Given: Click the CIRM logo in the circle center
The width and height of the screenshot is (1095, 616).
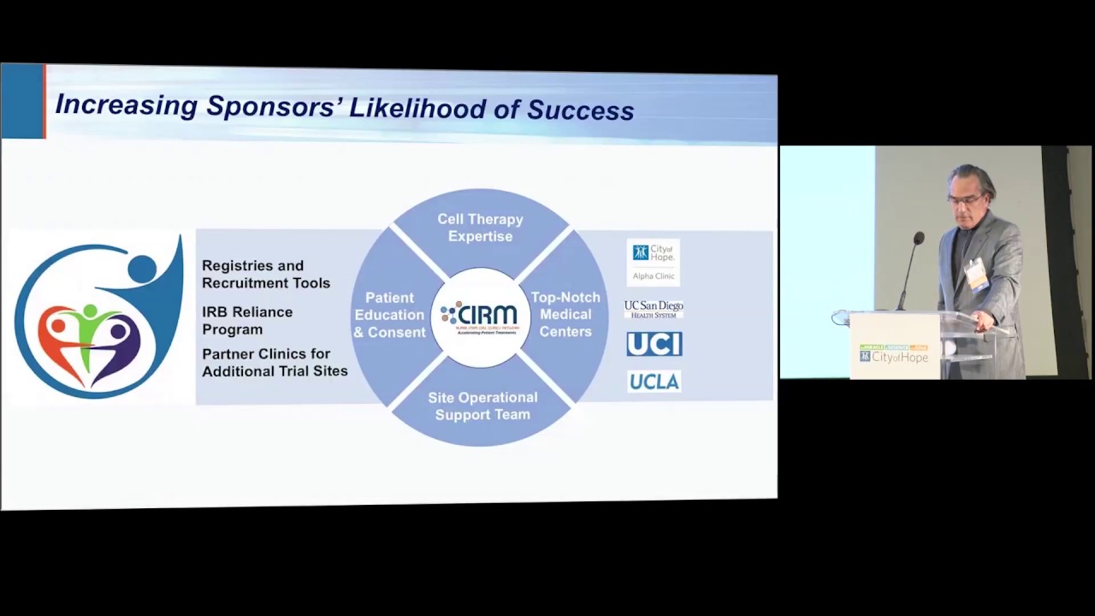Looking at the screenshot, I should tap(480, 317).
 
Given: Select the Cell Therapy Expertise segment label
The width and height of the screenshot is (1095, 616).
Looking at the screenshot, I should tap(480, 228).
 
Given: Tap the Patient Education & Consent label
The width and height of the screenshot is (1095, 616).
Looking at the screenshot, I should tap(389, 315).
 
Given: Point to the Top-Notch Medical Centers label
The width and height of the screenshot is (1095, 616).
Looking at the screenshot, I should tap(565, 314).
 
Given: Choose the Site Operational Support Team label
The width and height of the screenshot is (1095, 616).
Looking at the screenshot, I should tap(482, 406).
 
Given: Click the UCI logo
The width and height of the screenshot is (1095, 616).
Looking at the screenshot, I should tap(654, 344).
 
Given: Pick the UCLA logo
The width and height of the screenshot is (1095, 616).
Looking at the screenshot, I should tap(654, 382).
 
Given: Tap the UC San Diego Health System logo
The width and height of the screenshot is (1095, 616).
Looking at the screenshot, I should tap(654, 309).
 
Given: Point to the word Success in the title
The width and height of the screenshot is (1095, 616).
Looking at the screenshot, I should tap(580, 110).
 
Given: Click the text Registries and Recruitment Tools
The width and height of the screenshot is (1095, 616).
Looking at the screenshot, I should tap(266, 274).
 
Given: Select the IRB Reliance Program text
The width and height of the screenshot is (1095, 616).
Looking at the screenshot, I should tap(247, 320).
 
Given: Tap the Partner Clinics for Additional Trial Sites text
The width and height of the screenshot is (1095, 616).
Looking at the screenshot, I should tap(275, 362).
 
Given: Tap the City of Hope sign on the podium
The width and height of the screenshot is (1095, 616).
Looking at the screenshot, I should tap(895, 354).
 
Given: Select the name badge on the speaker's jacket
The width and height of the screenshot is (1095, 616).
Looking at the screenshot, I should tap(976, 275).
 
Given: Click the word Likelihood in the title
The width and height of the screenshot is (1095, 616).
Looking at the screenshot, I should tap(429, 108).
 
